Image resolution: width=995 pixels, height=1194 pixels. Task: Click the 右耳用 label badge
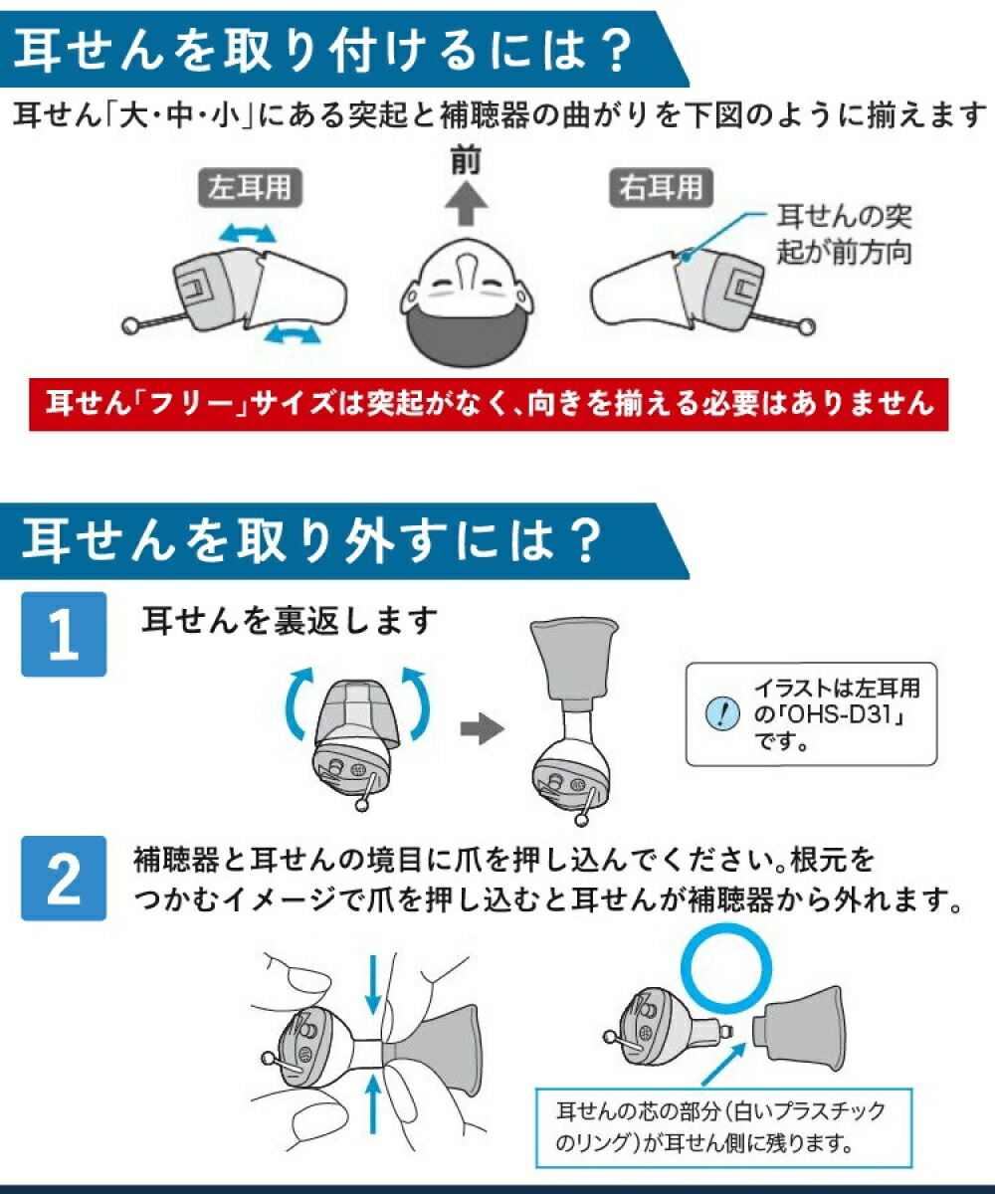pos(657,187)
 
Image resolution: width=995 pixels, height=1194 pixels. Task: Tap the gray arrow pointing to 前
pos(465,210)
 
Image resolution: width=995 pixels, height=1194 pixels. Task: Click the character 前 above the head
pos(465,162)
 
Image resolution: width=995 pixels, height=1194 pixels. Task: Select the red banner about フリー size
pos(489,403)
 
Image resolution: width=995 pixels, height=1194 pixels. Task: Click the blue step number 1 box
pos(64,635)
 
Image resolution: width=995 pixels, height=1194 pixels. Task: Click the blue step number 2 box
pos(64,879)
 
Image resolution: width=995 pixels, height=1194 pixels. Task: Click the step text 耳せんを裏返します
pos(290,621)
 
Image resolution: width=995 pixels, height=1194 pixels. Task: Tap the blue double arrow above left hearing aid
pos(247,234)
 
